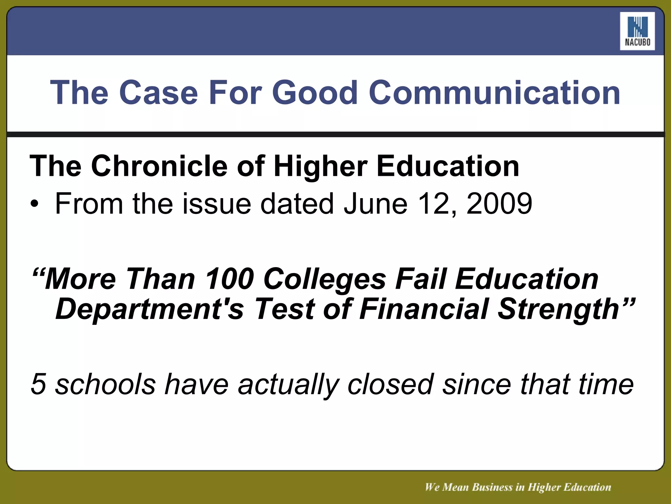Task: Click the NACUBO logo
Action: pyautogui.click(x=637, y=31)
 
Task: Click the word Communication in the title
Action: pyautogui.click(x=494, y=93)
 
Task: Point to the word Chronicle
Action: pyautogui.click(x=159, y=166)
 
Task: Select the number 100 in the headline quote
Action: pyautogui.click(x=229, y=279)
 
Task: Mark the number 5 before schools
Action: pyautogui.click(x=38, y=384)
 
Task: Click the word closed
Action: pyautogui.click(x=390, y=384)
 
